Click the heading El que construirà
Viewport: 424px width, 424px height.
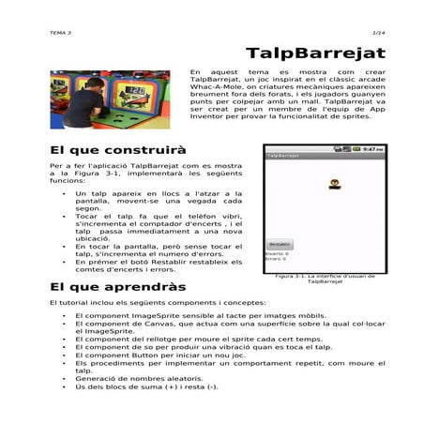point(117,150)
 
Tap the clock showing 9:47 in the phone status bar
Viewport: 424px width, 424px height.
point(372,149)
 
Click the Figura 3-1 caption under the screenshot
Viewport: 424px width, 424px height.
point(322,279)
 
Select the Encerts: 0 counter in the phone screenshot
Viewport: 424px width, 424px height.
point(277,253)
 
